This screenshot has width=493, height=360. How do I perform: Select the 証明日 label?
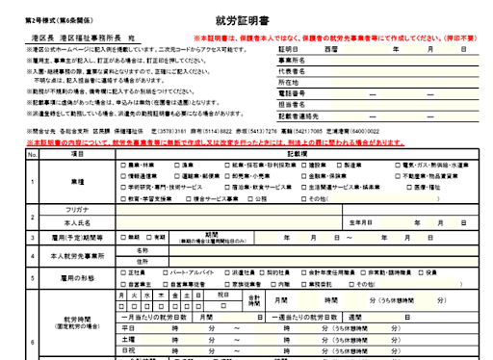pyautogui.click(x=290, y=47)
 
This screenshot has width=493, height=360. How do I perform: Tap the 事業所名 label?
pyautogui.click(x=292, y=59)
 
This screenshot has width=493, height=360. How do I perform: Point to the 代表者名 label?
pyautogui.click(x=292, y=70)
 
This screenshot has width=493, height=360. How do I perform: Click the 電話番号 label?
pyautogui.click(x=292, y=93)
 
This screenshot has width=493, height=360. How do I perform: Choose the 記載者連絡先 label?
pyautogui.click(x=296, y=116)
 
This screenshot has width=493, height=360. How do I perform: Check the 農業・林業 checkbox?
pyautogui.click(x=122, y=165)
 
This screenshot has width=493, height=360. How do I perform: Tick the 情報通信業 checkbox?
pyautogui.click(x=122, y=176)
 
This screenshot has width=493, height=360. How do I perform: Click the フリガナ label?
pyautogui.click(x=78, y=209)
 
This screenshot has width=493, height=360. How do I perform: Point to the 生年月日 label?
pyautogui.click(x=360, y=221)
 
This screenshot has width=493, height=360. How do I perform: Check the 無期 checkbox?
pyautogui.click(x=122, y=236)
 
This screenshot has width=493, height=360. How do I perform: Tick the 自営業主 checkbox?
pyautogui.click(x=122, y=285)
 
